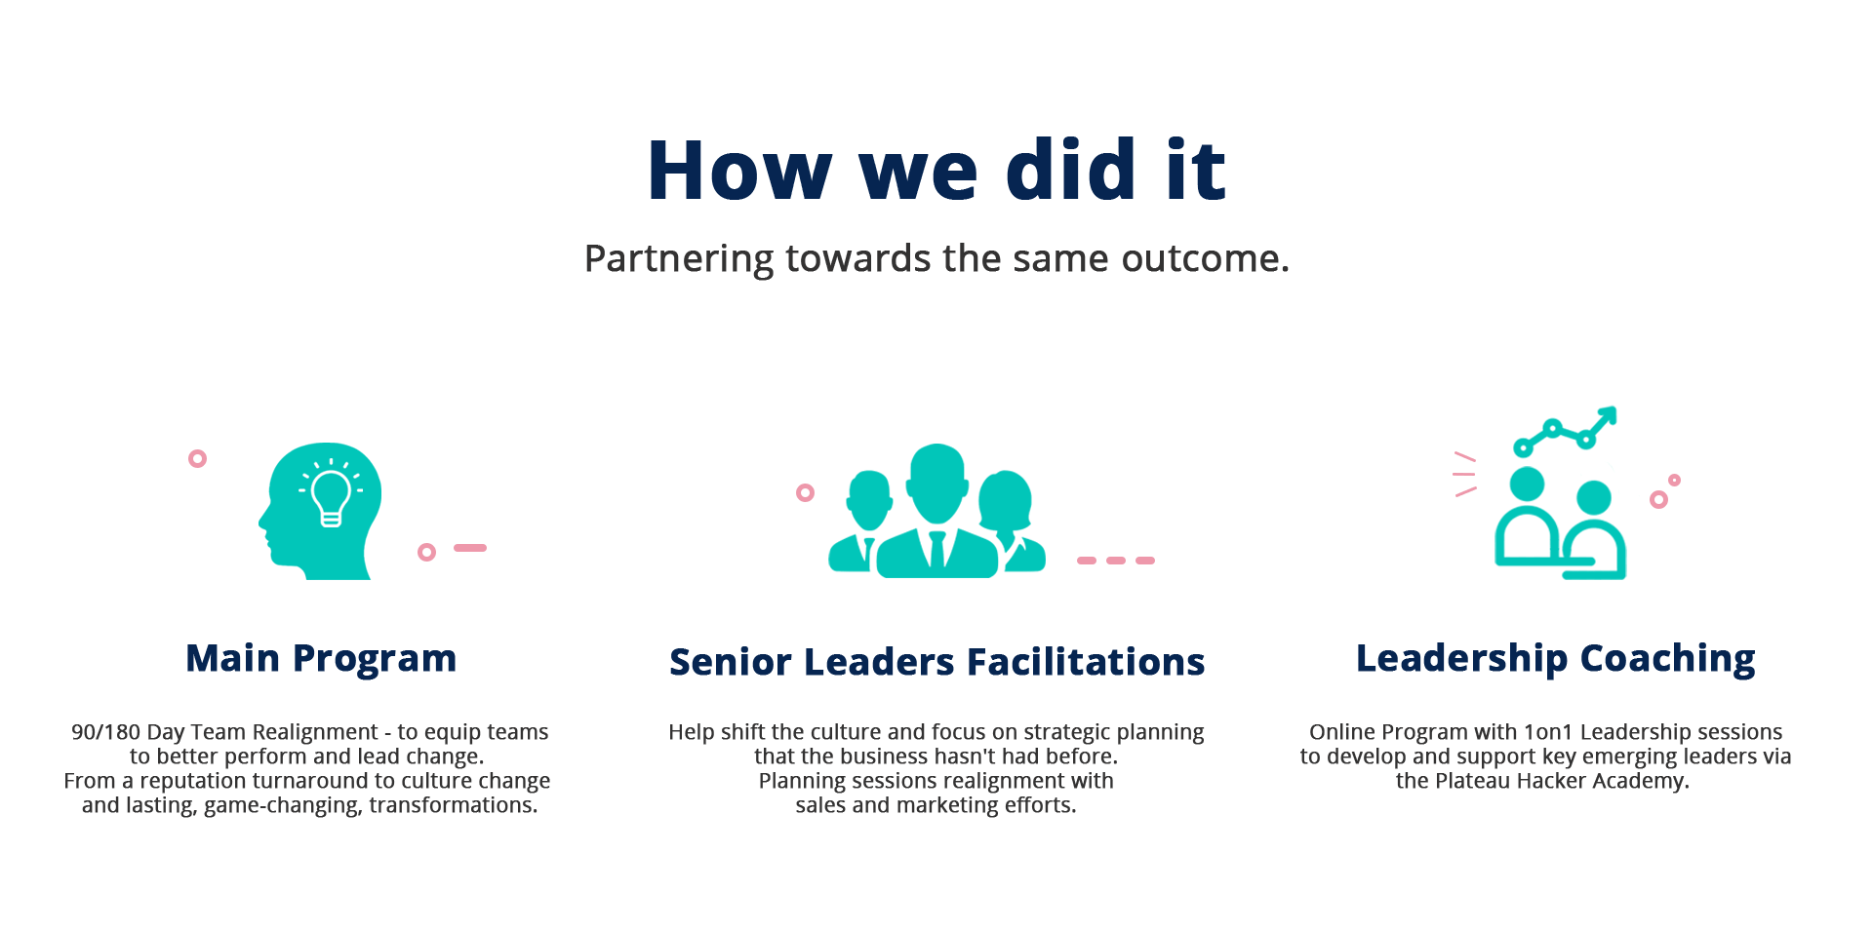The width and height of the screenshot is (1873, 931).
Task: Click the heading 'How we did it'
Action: click(936, 171)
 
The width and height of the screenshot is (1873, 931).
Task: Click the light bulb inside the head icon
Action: click(331, 496)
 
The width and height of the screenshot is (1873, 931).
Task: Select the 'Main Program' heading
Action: click(321, 659)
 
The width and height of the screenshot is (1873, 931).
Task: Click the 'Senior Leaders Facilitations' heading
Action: click(936, 663)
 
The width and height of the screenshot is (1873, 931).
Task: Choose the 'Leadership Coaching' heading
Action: click(1555, 659)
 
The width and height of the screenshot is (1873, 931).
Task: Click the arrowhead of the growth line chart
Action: click(1608, 415)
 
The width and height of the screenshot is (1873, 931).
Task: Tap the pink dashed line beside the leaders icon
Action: click(1115, 561)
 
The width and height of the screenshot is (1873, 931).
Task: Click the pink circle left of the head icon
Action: click(197, 458)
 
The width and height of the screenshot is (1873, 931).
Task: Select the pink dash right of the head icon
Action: click(470, 548)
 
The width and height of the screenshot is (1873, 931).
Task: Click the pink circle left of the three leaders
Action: click(805, 492)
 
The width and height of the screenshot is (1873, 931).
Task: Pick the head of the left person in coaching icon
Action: click(1527, 484)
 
